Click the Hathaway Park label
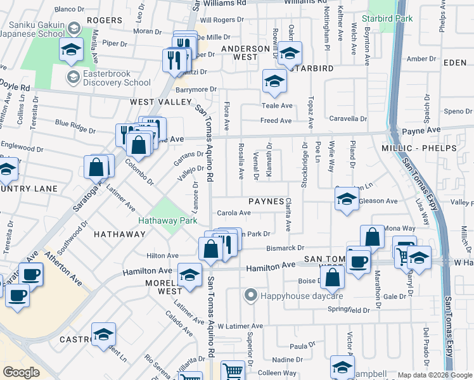pos(168,221)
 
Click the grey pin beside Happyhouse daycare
pos(251,295)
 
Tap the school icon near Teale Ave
pos(274,80)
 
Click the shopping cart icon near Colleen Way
pos(233,370)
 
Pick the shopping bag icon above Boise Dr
pos(331,276)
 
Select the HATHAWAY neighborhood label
pos(120,234)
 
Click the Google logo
pos(22,372)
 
